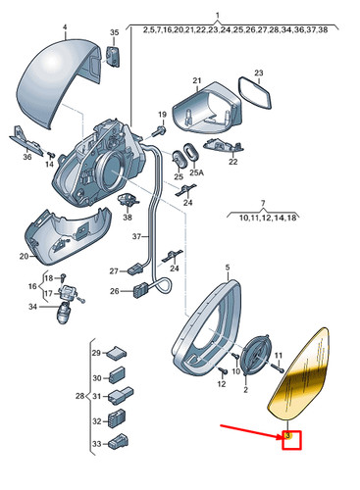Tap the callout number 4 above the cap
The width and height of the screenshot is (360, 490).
coord(65,27)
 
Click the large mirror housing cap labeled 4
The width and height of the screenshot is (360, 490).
coord(59,81)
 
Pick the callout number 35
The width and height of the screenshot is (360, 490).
coord(115,32)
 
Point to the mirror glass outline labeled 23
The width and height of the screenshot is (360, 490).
coord(255,93)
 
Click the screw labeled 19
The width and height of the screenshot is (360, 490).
coord(161,130)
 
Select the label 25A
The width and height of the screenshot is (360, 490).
coord(196,172)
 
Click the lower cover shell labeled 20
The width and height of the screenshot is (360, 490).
coord(67,237)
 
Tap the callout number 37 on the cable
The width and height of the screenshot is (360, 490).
coord(136,236)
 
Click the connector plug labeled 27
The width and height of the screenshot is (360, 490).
coord(135,269)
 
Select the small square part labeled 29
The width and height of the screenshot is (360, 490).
coord(117,353)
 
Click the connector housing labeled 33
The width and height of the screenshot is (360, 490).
coord(120,442)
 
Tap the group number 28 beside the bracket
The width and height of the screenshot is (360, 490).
coord(80,396)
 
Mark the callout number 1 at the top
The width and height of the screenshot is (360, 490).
coord(218,16)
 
